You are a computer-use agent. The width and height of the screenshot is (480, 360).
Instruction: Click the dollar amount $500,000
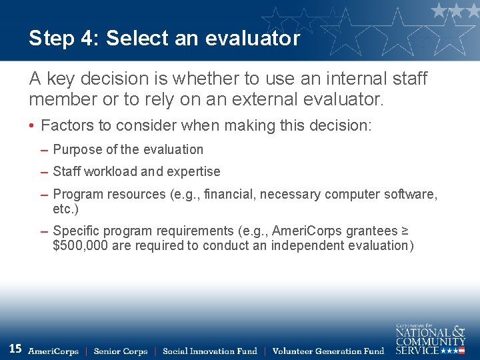coord(81,245)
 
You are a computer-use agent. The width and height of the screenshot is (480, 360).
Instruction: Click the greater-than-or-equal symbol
coord(405,231)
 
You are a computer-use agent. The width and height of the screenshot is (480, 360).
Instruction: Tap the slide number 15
coord(15,348)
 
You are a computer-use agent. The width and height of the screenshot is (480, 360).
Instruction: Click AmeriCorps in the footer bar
coord(53,351)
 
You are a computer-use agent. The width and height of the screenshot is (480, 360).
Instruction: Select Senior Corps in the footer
coord(121,351)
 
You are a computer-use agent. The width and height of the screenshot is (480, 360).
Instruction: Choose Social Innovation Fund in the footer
coord(209,351)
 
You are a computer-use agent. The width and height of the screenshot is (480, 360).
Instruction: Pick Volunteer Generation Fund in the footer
coord(328,351)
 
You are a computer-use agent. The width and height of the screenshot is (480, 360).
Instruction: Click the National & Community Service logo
coord(430,339)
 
